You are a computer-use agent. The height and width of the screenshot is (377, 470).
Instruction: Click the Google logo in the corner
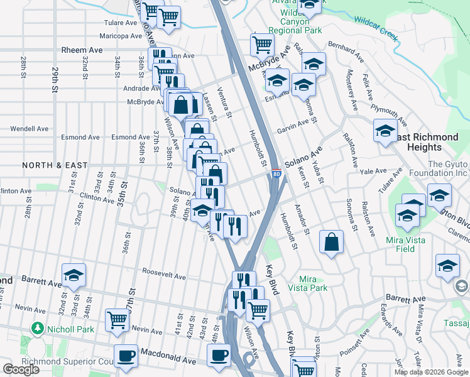click(21, 369)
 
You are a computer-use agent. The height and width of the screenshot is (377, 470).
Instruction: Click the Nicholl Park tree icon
click(38, 329)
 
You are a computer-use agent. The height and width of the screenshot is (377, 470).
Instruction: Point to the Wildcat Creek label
click(376, 28)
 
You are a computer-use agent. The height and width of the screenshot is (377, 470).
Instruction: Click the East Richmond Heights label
click(428, 142)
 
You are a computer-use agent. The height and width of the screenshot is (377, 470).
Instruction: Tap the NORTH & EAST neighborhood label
click(55, 165)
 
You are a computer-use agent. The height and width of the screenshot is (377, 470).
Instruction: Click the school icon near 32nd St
click(74, 275)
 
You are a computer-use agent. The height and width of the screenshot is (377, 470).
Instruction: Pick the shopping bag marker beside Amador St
click(332, 242)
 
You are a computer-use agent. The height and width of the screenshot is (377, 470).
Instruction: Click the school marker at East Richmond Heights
click(385, 131)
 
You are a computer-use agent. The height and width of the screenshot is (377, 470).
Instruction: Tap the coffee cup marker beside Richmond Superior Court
click(126, 356)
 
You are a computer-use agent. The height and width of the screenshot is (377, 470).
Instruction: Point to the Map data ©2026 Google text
click(431, 372)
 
